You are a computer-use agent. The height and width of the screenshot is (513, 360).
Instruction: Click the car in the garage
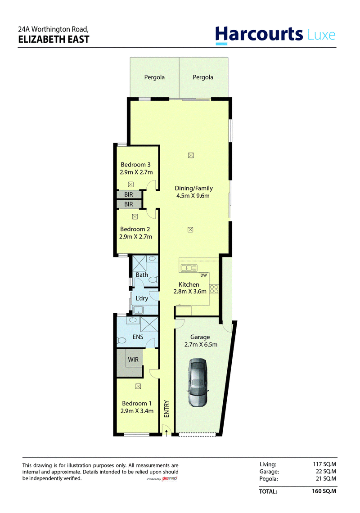pos(198,382)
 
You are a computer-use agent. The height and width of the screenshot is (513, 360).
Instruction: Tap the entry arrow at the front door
pos(166,433)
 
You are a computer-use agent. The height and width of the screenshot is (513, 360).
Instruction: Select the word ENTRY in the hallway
pos(166,409)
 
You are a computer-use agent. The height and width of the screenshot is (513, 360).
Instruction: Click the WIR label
pos(133,360)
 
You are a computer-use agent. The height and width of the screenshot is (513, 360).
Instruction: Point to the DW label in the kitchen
pos(203,275)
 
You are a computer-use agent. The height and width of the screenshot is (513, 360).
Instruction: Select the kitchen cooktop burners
pos(214,289)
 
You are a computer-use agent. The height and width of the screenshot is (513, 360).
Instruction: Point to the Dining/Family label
pos(194,188)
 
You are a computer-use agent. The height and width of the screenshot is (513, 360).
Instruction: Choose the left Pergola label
pos(154,77)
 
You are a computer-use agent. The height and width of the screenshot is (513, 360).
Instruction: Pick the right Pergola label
pos(203,77)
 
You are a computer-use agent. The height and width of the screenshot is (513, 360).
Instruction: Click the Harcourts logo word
pos(259,34)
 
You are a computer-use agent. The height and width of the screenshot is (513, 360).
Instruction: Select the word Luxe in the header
pos(322,35)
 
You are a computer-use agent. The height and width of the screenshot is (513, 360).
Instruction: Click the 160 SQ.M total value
pos(324,491)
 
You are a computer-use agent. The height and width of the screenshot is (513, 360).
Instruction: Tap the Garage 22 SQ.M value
pos(326,472)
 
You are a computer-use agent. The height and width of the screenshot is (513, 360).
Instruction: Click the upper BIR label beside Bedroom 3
pos(129,195)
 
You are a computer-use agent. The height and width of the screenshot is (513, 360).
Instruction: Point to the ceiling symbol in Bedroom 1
pos(138,387)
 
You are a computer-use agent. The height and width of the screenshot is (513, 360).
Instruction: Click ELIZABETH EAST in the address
pos(54,40)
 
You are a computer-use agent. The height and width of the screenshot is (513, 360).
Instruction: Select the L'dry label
pos(142,298)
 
